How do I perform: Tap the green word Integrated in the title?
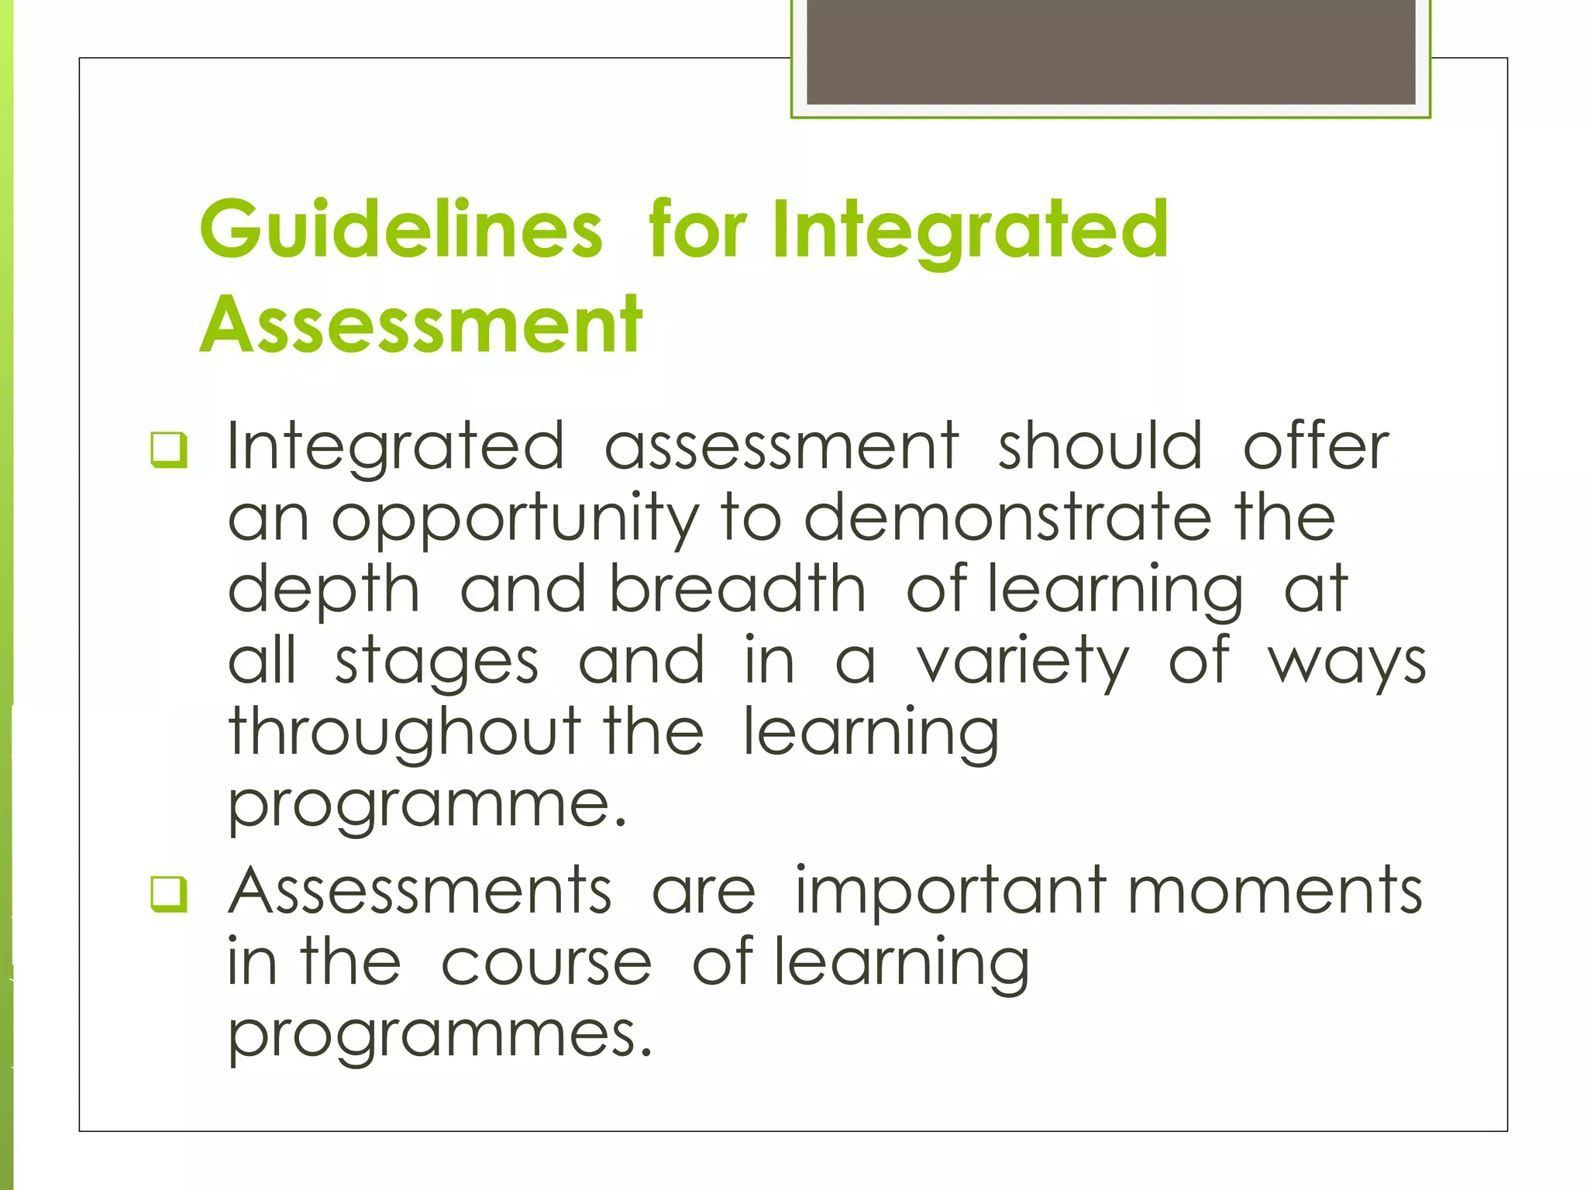[971, 230]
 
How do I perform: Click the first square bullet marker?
[169, 450]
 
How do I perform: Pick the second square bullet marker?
[169, 894]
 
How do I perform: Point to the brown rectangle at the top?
[1110, 52]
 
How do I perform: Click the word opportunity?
[515, 519]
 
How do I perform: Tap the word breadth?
[737, 590]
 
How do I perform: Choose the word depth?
[324, 591]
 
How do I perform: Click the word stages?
[436, 663]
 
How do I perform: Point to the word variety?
[1023, 663]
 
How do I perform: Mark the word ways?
[1347, 663]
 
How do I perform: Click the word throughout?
[404, 733]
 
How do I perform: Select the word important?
[951, 891]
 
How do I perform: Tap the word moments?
[1275, 891]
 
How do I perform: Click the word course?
[546, 963]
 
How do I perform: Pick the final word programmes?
[440, 1035]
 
